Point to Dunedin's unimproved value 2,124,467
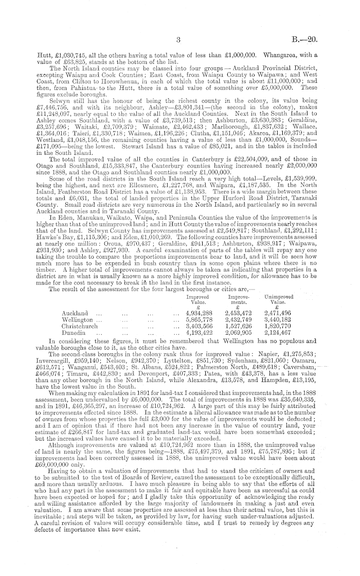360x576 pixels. (291, 334)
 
